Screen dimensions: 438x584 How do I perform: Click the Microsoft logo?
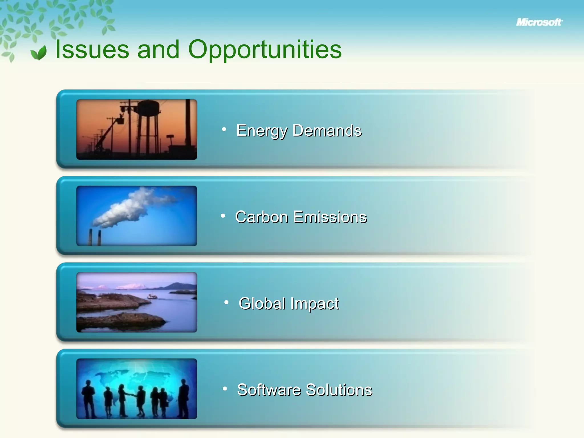[x=539, y=22]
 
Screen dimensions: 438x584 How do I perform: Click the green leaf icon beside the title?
[x=39, y=52]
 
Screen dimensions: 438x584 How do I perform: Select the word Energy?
[x=261, y=131]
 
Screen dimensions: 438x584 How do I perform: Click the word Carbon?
[x=261, y=217]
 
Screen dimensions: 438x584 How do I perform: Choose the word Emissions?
[x=330, y=217]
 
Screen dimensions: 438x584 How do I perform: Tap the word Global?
[x=262, y=303]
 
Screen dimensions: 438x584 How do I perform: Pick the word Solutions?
[x=339, y=390]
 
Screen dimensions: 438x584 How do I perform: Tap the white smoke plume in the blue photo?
[x=128, y=208]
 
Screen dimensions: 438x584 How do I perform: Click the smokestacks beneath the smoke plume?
[x=95, y=237]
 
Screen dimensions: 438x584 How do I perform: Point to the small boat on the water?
[x=152, y=297]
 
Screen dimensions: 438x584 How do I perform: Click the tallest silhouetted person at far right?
[x=184, y=398]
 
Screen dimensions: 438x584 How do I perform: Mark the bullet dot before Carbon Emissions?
[x=223, y=216]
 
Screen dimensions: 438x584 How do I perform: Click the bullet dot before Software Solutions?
[x=225, y=388]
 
